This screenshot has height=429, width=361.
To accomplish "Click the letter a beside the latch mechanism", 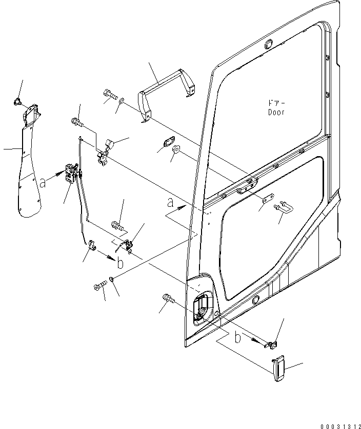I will click(43, 180).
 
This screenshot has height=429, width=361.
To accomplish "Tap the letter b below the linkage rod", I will click(119, 263).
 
